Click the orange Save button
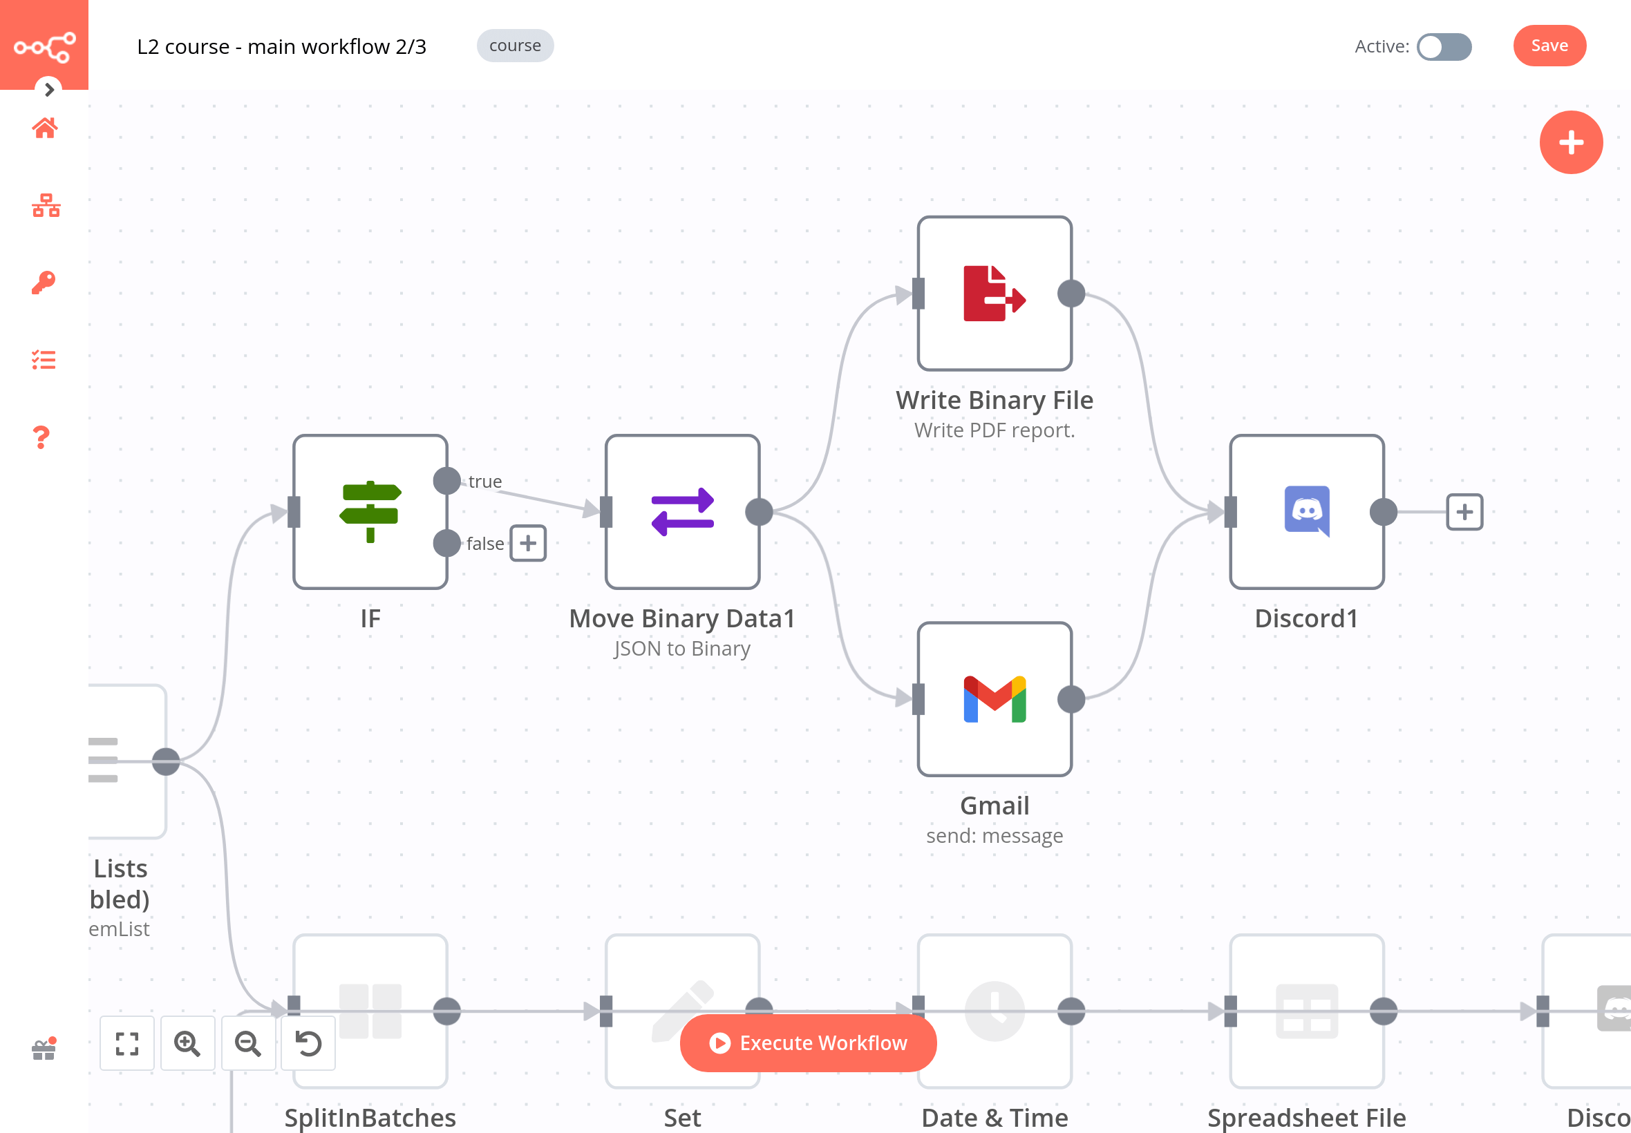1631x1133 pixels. click(x=1549, y=46)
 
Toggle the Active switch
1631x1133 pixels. click(x=1444, y=47)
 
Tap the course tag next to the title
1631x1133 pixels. click(x=515, y=46)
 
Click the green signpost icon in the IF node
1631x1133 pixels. click(x=370, y=511)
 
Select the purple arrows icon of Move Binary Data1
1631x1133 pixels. click(x=682, y=511)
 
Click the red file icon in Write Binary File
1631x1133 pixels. click(x=994, y=293)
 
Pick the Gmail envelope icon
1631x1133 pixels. click(x=994, y=699)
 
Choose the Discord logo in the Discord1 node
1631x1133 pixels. click(x=1306, y=511)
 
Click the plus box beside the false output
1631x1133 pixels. click(x=527, y=543)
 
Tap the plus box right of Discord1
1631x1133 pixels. click(x=1464, y=512)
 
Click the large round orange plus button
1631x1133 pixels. click(x=1571, y=143)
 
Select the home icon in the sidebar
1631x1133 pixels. click(x=45, y=128)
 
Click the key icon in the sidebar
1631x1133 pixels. click(x=44, y=283)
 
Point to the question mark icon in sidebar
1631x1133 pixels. click(x=42, y=437)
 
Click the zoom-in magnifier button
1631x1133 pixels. click(x=187, y=1042)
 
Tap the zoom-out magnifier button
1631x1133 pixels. click(x=248, y=1042)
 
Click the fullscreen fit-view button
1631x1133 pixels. click(x=127, y=1042)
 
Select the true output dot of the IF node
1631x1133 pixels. click(x=446, y=481)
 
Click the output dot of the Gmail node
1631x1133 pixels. click(x=1071, y=699)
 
